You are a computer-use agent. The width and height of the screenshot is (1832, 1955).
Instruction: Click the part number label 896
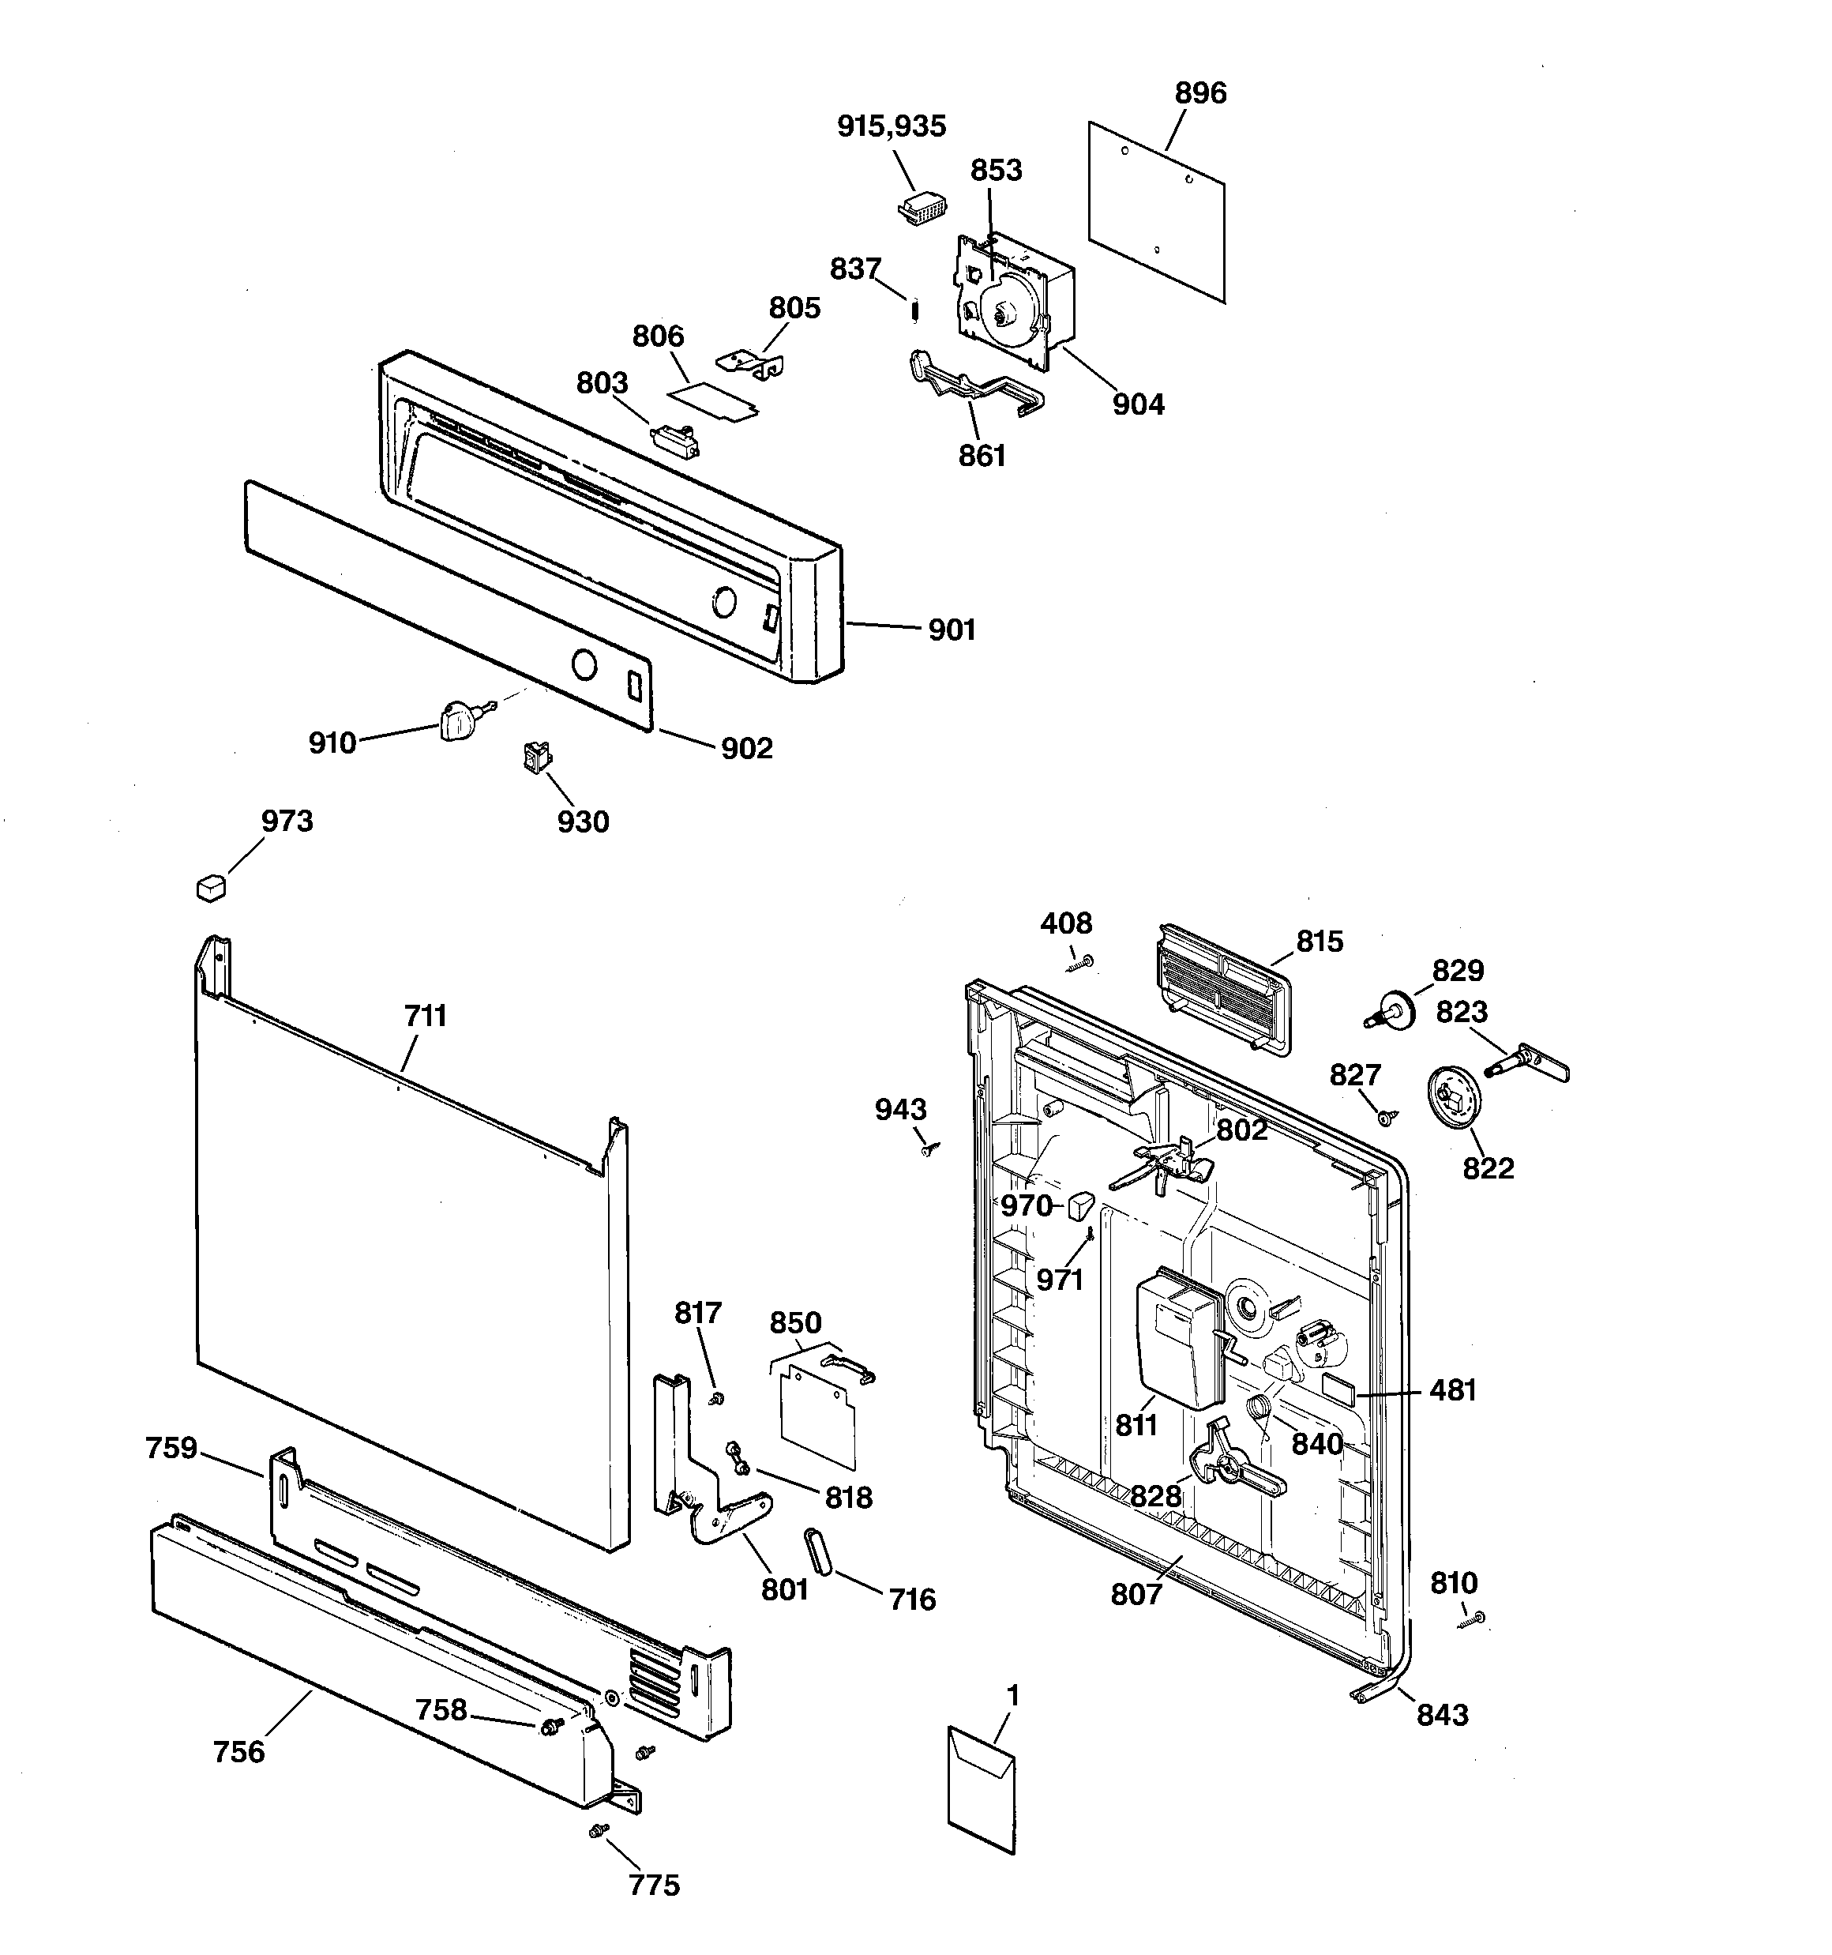click(1201, 93)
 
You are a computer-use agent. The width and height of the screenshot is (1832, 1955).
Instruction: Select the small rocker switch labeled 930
click(537, 758)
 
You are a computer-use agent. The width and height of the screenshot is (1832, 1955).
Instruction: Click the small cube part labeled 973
click(210, 888)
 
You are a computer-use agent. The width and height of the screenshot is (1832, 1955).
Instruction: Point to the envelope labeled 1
click(982, 1797)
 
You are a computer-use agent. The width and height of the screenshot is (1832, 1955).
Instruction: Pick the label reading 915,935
click(891, 127)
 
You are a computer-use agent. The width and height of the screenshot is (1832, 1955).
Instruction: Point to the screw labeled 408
click(1082, 963)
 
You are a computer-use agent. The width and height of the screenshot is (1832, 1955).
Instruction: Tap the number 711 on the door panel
click(425, 1016)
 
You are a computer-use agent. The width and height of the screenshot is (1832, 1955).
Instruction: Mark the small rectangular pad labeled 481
click(1339, 1389)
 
